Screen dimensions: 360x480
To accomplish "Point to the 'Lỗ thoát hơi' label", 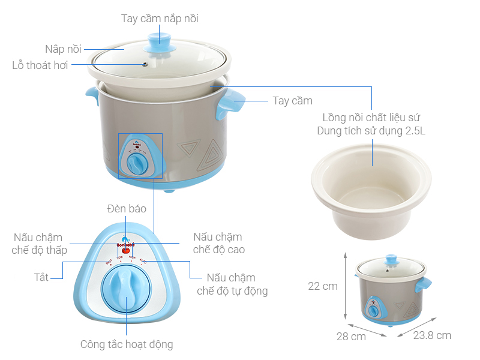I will [40, 65].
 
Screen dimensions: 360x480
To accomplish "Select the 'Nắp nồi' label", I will [63, 49].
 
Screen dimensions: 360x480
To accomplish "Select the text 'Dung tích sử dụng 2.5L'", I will [371, 131].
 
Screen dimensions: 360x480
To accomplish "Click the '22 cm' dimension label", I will [323, 286].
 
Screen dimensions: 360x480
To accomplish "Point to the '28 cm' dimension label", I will [351, 336].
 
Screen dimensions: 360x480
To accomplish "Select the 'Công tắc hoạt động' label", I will [127, 344].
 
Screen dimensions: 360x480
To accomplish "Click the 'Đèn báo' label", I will [127, 209].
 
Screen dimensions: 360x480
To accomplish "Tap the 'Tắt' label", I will [41, 278].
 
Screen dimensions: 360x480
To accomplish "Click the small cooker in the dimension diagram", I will [392, 290].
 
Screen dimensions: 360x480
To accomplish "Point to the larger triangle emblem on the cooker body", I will [214, 154].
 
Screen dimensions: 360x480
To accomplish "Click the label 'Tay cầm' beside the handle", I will [292, 101].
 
